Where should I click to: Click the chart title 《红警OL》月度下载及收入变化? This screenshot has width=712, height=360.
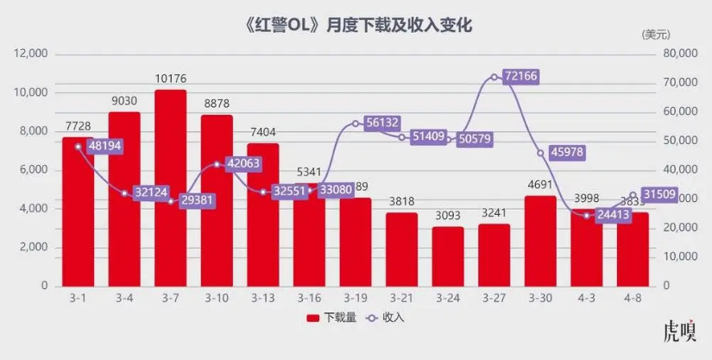(355, 25)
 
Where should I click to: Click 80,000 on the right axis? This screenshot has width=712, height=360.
(677, 54)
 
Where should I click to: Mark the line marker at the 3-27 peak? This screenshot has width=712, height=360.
(494, 77)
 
